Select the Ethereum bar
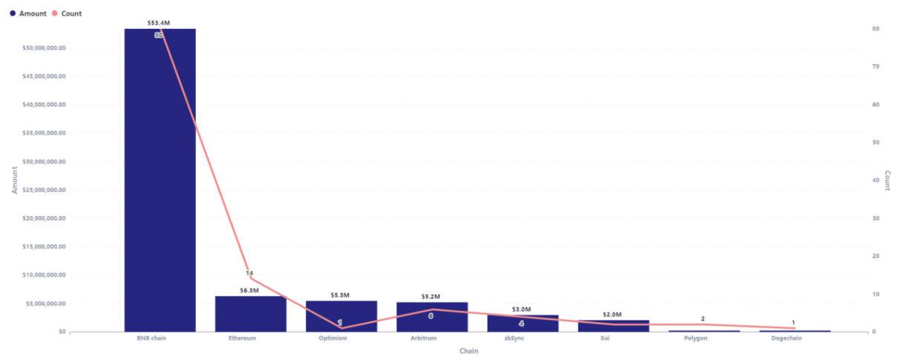pyautogui.click(x=250, y=314)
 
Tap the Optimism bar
pyautogui.click(x=341, y=316)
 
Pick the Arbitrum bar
pyautogui.click(x=432, y=317)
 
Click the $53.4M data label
pyautogui.click(x=158, y=24)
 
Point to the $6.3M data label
pyautogui.click(x=249, y=290)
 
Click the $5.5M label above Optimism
pyautogui.click(x=340, y=295)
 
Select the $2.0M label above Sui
pyautogui.click(x=613, y=315)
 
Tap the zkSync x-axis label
pyautogui.click(x=522, y=338)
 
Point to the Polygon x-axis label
pyautogui.click(x=704, y=338)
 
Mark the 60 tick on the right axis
pyautogui.click(x=876, y=105)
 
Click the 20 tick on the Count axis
pyautogui.click(x=876, y=256)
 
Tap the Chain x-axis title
pyautogui.click(x=468, y=351)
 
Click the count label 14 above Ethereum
pyautogui.click(x=249, y=273)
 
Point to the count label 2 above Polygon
pyautogui.click(x=703, y=318)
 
